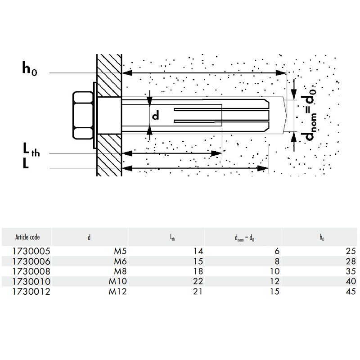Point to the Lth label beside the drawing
[x=31, y=149]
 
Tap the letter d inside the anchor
[x=156, y=116]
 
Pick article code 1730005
[x=31, y=251]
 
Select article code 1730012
[x=31, y=292]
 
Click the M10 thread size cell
[x=118, y=282]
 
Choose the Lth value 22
[x=198, y=282]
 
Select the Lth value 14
[x=198, y=251]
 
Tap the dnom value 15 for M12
[x=275, y=292]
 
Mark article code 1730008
[x=31, y=271]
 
